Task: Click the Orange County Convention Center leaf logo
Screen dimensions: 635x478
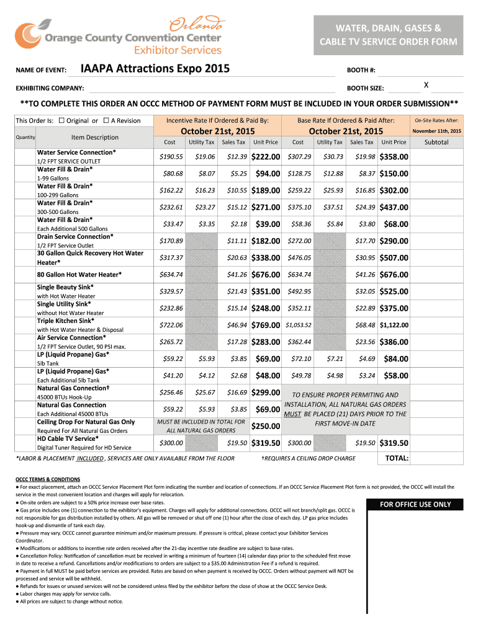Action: [29, 36]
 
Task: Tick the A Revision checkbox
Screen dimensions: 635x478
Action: [106, 120]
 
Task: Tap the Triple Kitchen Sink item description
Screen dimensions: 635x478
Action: [66, 321]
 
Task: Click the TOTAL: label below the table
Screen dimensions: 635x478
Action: [396, 458]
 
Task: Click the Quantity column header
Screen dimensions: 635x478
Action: [25, 137]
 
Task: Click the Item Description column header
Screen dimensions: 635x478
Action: [94, 137]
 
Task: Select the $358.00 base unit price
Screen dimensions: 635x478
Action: [394, 158]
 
